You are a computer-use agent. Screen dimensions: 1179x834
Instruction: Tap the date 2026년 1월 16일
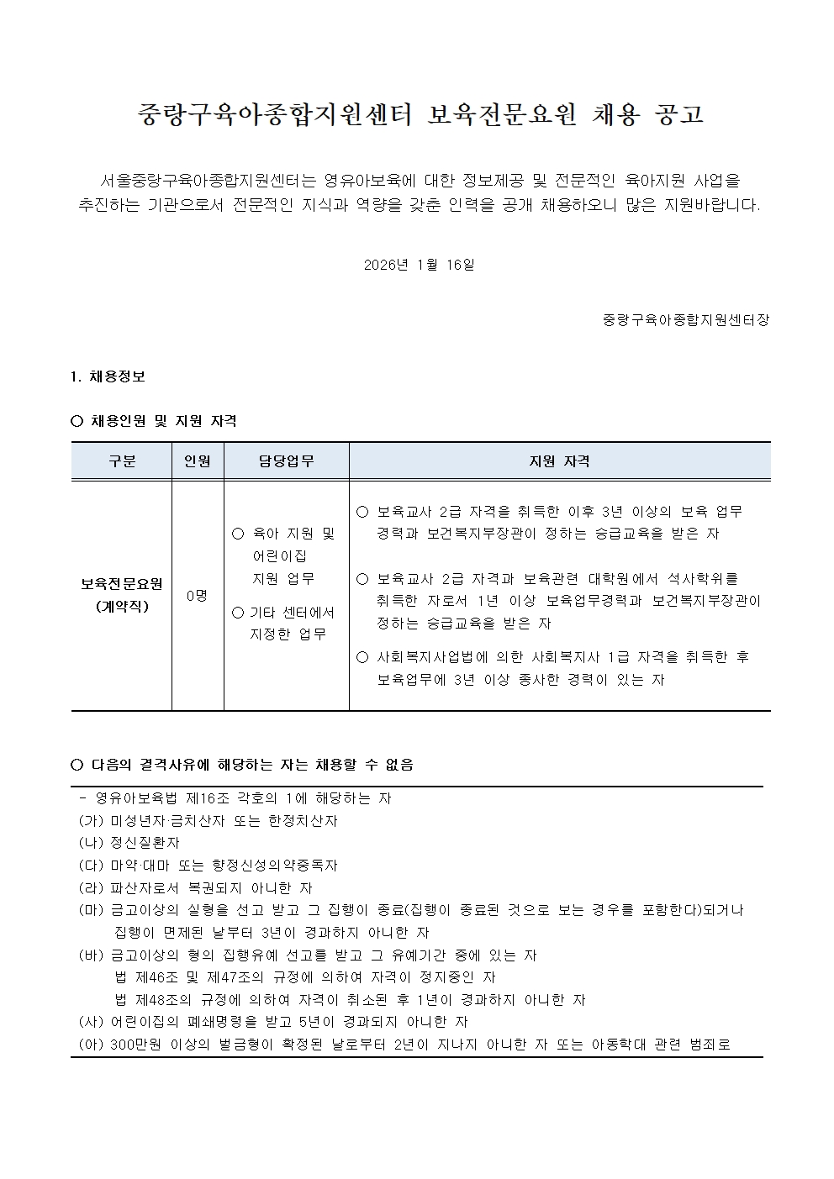420,265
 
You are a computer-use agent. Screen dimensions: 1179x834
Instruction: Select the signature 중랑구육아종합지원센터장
686,320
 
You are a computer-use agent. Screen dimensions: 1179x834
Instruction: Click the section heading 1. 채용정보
108,376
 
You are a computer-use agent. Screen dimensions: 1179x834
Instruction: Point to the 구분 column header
122,461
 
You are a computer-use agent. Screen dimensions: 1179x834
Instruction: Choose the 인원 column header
198,461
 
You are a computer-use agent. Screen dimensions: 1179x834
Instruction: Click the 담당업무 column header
287,461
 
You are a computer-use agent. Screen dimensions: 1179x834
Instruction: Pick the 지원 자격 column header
559,461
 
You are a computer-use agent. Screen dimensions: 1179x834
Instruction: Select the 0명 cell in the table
198,595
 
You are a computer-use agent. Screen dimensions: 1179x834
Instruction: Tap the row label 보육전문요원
122,583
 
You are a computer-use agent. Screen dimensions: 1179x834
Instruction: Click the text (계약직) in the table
122,606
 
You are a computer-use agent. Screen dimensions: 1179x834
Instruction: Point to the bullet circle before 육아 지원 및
237,534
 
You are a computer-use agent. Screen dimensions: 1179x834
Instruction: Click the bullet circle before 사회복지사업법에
363,657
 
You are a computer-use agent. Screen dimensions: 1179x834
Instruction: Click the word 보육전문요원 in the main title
502,115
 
